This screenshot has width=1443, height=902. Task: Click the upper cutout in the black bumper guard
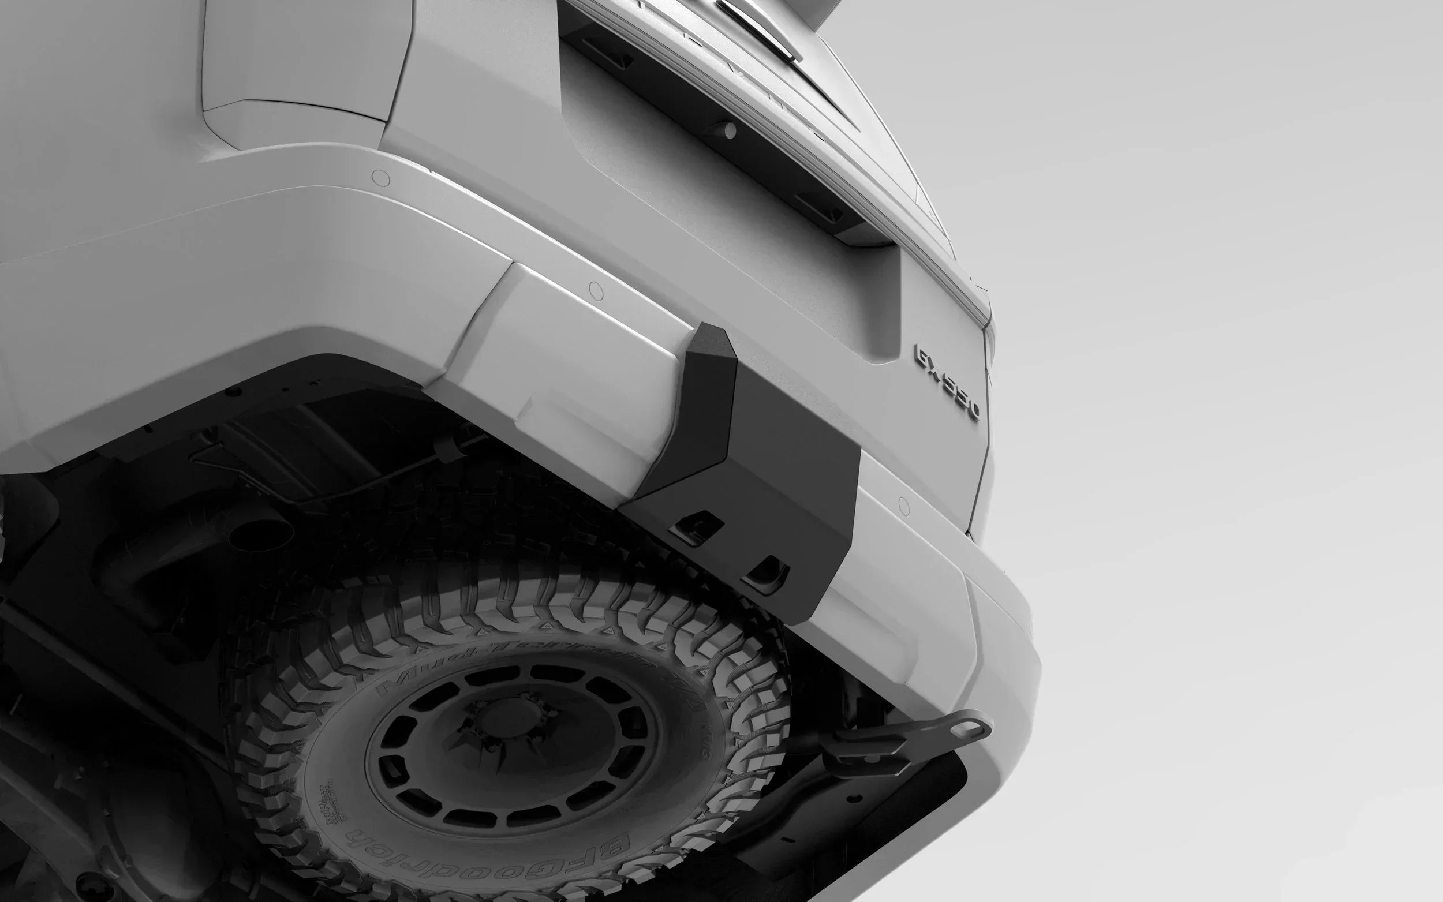(x=696, y=524)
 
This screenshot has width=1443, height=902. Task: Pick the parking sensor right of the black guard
(x=905, y=507)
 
